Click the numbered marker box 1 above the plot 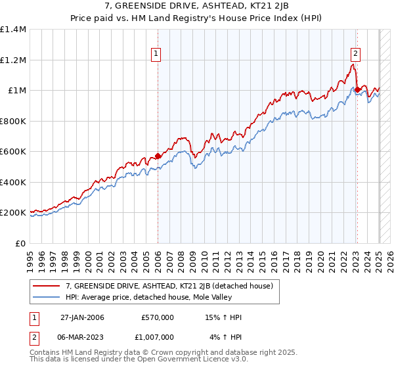(x=158, y=55)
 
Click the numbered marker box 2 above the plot (x=355, y=55)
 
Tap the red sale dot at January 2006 (x=158, y=156)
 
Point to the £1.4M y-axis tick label (x=13, y=30)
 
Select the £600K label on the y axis (x=13, y=152)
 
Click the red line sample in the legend (x=47, y=286)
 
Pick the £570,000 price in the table (x=156, y=318)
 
